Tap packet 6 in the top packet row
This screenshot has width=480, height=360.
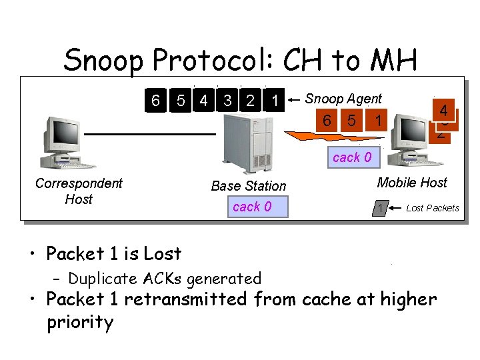(155, 101)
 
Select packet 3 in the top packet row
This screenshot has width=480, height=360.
(229, 101)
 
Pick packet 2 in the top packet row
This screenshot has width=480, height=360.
(250, 101)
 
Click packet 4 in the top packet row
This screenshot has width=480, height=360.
(204, 101)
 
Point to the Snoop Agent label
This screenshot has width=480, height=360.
(343, 99)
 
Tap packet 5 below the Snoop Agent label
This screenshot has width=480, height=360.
(351, 121)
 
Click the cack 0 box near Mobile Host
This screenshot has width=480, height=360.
(352, 158)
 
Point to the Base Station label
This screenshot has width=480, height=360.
(248, 186)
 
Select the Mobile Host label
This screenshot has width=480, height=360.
(412, 183)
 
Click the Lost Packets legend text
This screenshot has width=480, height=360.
(433, 208)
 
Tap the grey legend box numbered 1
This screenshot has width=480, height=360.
(380, 209)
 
